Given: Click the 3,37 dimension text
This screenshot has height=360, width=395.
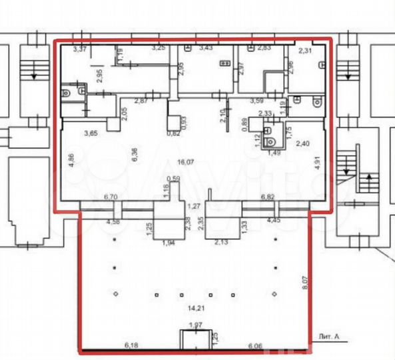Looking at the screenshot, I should tap(80, 49).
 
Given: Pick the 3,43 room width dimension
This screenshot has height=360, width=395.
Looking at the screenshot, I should tap(205, 48).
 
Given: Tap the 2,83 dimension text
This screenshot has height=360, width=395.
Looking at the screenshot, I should tap(264, 48).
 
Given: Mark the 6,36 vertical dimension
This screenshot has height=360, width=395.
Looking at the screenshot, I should tap(135, 155).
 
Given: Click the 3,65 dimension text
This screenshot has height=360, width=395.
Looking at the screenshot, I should tap(91, 133).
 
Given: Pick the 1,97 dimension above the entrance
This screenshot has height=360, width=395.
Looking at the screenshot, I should tap(196, 325).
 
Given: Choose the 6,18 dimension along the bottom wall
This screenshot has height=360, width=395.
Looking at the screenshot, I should tap(133, 345).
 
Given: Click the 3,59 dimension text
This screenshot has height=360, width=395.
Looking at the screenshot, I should tap(258, 101).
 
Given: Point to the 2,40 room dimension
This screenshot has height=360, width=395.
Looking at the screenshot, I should tap(302, 143).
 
